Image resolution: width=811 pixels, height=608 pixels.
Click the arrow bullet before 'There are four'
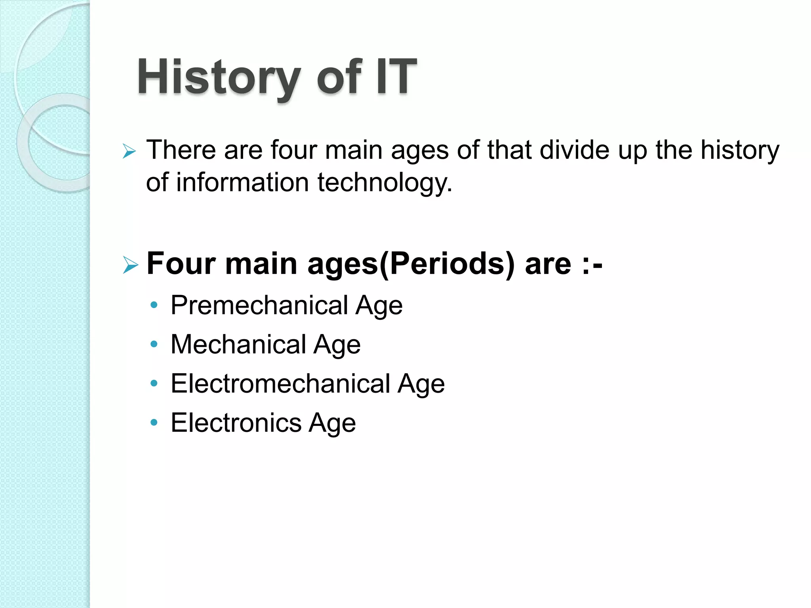tap(129, 151)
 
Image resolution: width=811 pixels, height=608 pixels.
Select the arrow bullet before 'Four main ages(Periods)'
tap(130, 265)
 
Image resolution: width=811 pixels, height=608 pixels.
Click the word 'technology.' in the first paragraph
tap(385, 183)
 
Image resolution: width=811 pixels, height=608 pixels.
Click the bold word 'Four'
tap(181, 263)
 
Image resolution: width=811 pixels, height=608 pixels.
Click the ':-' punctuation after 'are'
tap(592, 264)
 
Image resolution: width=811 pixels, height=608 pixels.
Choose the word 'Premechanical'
tap(259, 305)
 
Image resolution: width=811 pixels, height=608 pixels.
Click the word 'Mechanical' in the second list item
tap(238, 344)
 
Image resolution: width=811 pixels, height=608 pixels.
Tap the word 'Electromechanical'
tap(280, 383)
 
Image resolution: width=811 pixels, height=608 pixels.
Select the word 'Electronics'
tap(236, 422)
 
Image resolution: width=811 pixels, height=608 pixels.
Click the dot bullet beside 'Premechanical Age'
tap(154, 305)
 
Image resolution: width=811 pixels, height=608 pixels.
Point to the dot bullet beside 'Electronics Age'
tap(154, 422)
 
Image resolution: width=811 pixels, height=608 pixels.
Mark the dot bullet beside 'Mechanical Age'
tap(154, 344)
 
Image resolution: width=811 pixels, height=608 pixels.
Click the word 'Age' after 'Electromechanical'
tap(421, 384)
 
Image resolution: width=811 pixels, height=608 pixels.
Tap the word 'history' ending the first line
tap(740, 150)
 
